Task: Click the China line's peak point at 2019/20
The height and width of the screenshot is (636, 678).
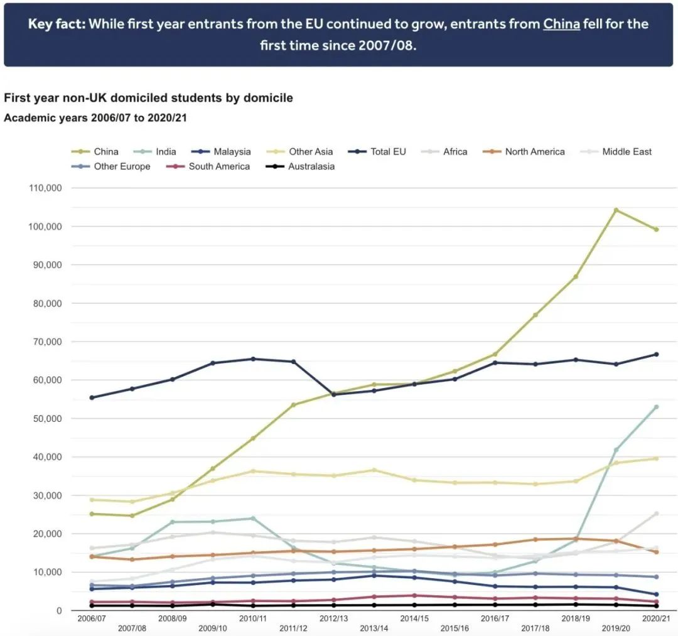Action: point(616,210)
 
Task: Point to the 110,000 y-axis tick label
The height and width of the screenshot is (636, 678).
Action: point(43,188)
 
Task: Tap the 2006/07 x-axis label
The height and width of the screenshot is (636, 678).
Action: point(92,619)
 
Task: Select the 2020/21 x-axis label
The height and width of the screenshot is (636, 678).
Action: point(656,619)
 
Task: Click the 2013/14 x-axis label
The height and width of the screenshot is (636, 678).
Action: point(374,628)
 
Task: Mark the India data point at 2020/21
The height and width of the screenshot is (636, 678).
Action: point(656,407)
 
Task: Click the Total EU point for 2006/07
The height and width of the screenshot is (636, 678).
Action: point(92,397)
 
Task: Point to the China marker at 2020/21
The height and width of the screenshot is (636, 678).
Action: point(656,229)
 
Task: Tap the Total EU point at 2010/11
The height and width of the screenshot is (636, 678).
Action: point(253,358)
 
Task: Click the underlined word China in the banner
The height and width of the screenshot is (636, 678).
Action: point(561,24)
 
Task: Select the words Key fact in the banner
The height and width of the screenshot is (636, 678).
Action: point(55,24)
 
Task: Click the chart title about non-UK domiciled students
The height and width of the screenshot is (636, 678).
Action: point(148,98)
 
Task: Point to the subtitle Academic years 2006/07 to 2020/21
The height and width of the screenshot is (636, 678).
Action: point(95,117)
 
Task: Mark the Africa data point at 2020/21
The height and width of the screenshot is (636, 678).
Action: point(656,514)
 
